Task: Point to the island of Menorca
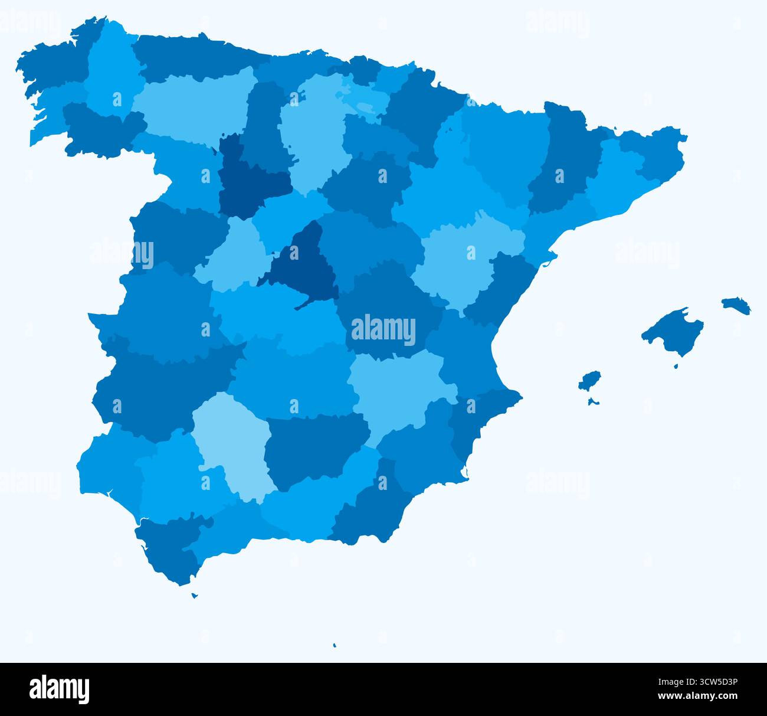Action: tap(736, 305)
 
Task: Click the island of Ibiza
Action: tap(589, 381)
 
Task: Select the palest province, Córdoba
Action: tap(233, 440)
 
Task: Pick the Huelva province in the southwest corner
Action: tap(109, 466)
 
